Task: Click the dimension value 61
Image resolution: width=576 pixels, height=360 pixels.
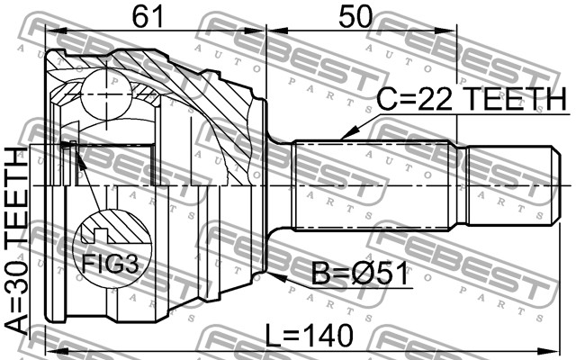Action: [x=147, y=16]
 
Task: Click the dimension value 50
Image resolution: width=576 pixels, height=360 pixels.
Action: [x=355, y=16]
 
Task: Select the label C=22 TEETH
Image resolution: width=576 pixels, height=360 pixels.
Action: [x=472, y=99]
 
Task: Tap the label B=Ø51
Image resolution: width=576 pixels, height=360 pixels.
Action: [x=360, y=273]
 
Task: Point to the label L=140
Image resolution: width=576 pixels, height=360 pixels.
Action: [x=310, y=335]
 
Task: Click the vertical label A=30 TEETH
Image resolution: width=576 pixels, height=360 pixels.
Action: [x=16, y=240]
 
